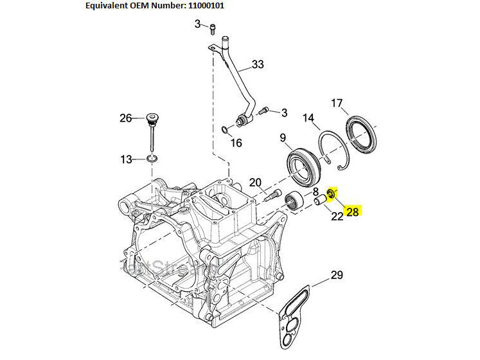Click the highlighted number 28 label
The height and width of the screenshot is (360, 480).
pos(352,211)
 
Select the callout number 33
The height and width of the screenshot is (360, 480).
pos(258,64)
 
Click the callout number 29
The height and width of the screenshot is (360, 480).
pos(337,276)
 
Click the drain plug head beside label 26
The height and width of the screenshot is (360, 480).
pos(152,120)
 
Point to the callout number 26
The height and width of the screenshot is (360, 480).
pos(125,118)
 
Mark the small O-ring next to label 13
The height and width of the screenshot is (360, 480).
pos(152,158)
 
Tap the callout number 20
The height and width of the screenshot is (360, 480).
pos(255,182)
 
